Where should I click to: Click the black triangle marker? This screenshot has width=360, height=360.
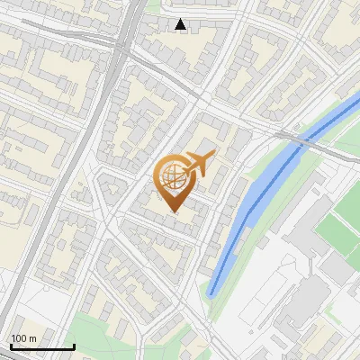point(181,24)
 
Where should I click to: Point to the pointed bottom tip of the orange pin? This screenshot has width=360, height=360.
point(172,211)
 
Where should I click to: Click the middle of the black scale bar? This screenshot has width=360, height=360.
point(42,346)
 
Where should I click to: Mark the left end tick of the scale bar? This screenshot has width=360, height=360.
point(11,346)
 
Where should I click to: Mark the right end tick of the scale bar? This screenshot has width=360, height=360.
point(74,346)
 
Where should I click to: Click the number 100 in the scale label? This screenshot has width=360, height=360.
point(19,337)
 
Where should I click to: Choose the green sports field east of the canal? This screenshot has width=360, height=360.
point(338,229)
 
